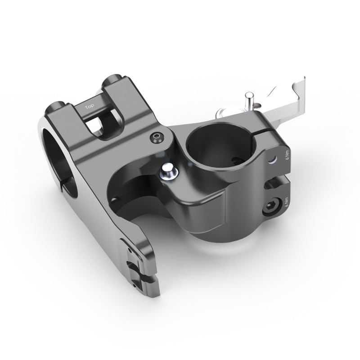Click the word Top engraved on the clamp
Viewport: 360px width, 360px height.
(90, 107)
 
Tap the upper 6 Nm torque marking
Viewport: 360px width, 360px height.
(286, 157)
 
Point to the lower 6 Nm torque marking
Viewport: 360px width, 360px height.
(286, 202)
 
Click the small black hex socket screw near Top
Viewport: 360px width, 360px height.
(156, 138)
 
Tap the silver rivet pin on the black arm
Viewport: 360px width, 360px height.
(169, 171)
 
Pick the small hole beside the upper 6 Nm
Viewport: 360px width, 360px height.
(272, 159)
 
